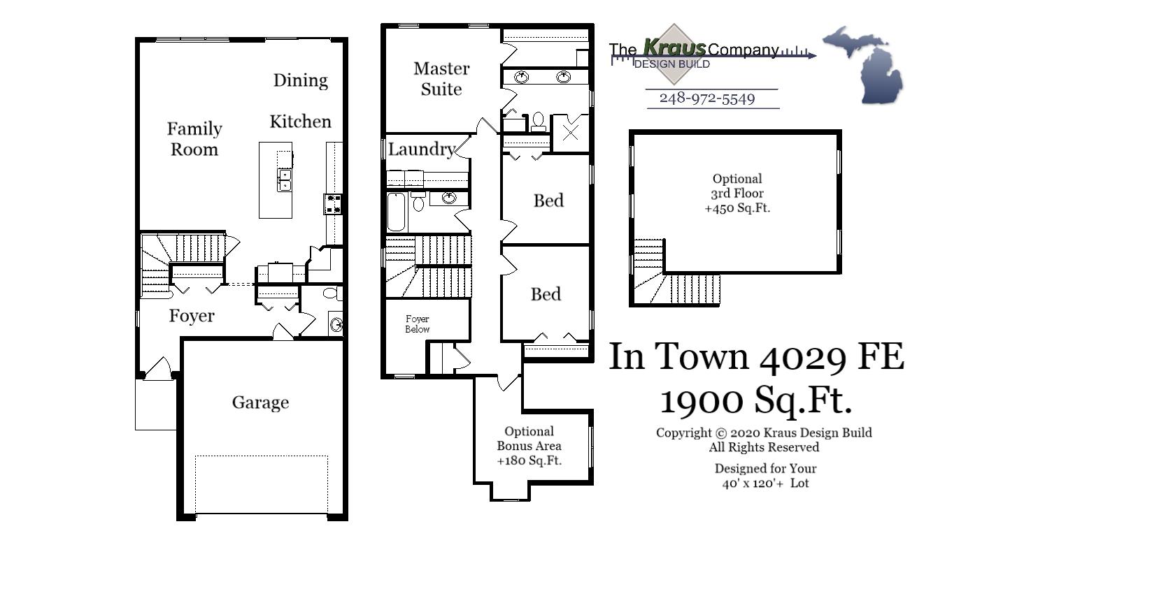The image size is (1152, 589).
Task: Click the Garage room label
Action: [260, 402]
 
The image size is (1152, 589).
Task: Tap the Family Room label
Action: [194, 139]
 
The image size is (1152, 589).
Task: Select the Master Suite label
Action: [441, 79]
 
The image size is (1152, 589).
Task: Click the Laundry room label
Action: [421, 149]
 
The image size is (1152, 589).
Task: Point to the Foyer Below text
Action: [418, 323]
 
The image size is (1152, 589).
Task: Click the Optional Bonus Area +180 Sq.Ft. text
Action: [529, 446]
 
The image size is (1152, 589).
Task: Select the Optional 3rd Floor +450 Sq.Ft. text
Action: [737, 194]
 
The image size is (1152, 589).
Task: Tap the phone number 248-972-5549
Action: [707, 99]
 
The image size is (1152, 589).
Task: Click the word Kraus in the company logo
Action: [674, 48]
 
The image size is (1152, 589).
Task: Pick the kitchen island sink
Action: [284, 180]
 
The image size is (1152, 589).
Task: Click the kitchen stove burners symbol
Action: [333, 204]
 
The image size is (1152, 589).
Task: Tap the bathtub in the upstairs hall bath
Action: [397, 212]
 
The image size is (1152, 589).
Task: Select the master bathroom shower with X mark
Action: [571, 133]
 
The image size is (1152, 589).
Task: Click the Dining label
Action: [300, 80]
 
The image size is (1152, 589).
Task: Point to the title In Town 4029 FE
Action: [756, 356]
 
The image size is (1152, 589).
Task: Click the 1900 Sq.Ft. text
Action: [756, 400]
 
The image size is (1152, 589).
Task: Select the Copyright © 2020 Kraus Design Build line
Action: [764, 432]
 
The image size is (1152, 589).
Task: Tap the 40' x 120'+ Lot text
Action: [765, 483]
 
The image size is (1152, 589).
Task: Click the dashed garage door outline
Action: [262, 484]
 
